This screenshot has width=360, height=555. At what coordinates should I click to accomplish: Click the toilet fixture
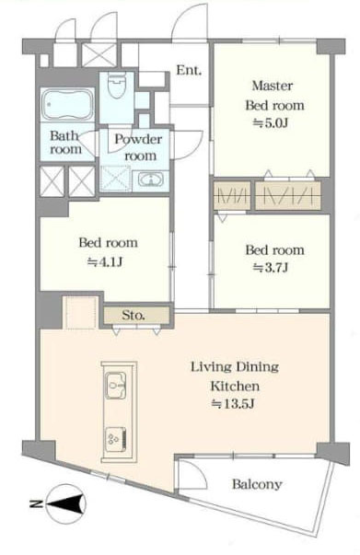(x=117, y=85)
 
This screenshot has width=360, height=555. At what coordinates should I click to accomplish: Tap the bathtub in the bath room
(x=67, y=104)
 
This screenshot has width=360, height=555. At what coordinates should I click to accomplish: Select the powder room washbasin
(x=151, y=179)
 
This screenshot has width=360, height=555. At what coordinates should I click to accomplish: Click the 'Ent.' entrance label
(x=189, y=70)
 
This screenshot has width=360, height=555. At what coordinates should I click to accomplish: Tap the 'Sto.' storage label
(x=134, y=315)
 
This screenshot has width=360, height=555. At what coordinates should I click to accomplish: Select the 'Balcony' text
(x=257, y=484)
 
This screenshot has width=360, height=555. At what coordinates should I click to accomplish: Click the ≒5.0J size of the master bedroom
(x=270, y=123)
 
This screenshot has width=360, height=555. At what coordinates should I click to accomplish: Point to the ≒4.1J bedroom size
(x=105, y=262)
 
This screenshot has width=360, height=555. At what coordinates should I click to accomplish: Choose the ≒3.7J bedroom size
(x=271, y=268)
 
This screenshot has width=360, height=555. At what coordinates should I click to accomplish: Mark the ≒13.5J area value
(x=233, y=403)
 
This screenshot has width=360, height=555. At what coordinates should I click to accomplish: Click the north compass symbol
(x=66, y=503)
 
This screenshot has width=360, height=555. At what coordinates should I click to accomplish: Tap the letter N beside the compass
(x=36, y=503)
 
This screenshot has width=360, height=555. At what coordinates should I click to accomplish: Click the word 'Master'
(x=273, y=86)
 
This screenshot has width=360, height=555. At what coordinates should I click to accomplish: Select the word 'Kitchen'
(x=235, y=386)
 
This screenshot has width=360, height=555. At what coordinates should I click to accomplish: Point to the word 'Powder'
(x=138, y=139)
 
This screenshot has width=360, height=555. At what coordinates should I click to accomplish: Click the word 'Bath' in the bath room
(x=64, y=135)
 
